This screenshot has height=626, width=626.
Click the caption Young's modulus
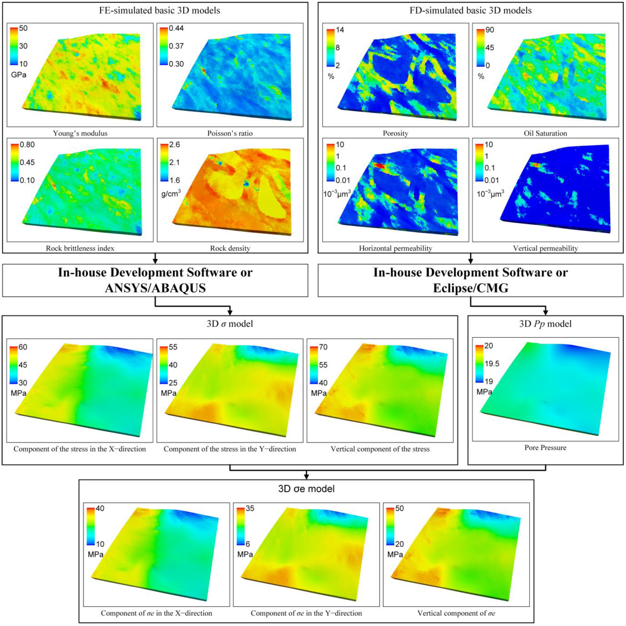(80, 133)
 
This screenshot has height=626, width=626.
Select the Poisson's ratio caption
(230, 133)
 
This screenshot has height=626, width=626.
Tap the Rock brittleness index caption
(80, 248)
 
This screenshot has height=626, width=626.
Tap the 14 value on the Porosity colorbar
(340, 30)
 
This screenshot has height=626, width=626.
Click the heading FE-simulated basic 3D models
(160, 11)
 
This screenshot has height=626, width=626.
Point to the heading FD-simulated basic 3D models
(470, 11)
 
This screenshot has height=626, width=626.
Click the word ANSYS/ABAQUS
(155, 288)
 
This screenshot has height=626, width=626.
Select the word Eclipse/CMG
(470, 288)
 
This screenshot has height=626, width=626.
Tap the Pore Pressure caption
(545, 448)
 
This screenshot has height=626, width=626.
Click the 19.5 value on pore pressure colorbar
(492, 364)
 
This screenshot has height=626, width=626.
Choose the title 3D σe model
(306, 489)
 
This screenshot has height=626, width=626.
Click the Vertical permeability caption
(545, 248)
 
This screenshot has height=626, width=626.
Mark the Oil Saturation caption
(545, 133)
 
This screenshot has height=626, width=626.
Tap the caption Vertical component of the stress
(380, 449)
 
